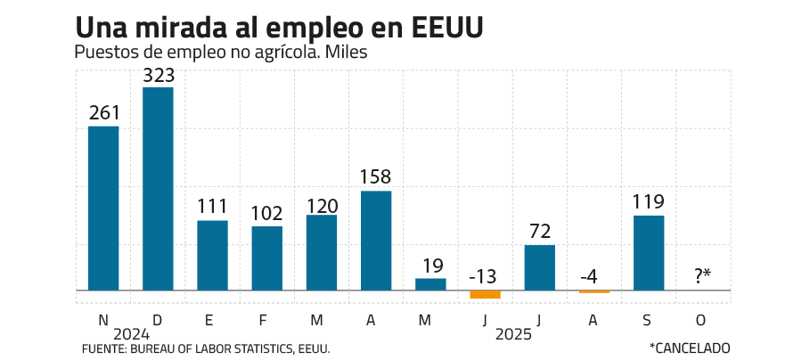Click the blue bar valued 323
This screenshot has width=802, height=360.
click(159, 188)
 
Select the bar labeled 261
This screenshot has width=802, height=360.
click(103, 208)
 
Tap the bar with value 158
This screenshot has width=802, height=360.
click(376, 241)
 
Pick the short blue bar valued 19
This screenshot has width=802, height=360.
click(430, 284)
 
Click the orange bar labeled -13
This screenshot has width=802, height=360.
click(485, 295)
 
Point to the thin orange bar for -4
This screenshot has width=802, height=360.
click(594, 292)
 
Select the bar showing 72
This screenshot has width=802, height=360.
click(539, 267)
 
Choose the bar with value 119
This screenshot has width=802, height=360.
click(649, 252)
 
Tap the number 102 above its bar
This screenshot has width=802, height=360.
click(267, 214)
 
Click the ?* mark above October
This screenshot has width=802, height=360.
click(704, 276)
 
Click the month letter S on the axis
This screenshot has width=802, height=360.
click(649, 318)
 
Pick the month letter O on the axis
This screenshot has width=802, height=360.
click(703, 318)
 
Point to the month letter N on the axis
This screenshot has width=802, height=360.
click(103, 318)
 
